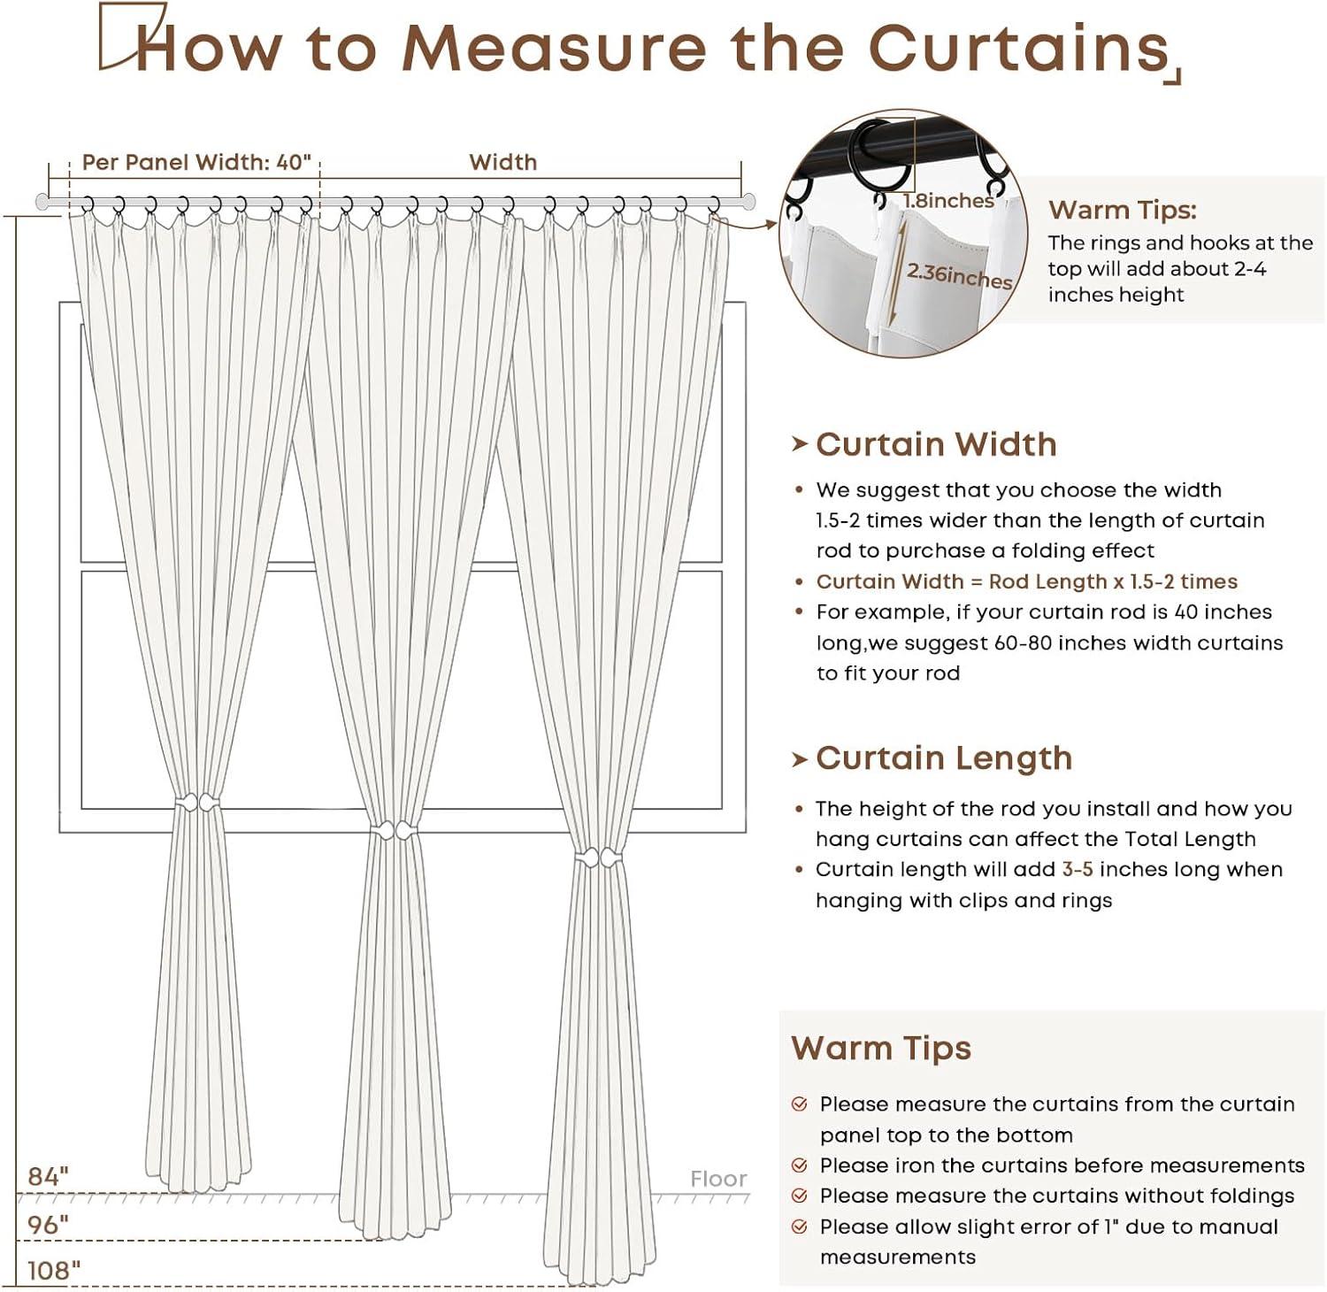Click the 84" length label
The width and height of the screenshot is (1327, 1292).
(x=48, y=1176)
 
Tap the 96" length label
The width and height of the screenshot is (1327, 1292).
(x=48, y=1225)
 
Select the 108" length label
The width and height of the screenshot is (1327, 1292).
(x=53, y=1271)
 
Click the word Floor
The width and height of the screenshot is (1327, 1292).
(x=718, y=1179)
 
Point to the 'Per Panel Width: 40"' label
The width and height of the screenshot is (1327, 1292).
(x=196, y=162)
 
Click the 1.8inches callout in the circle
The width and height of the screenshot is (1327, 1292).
(x=948, y=201)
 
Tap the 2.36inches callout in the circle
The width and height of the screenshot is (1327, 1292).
(x=959, y=276)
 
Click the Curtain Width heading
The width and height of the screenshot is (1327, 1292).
(x=936, y=444)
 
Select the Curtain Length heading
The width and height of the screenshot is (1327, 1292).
(x=943, y=758)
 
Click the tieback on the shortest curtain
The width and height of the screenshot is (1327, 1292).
(x=197, y=804)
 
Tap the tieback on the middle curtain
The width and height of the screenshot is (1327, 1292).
(x=394, y=831)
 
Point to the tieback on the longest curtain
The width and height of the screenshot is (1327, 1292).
(x=599, y=857)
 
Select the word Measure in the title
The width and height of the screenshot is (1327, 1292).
(x=554, y=48)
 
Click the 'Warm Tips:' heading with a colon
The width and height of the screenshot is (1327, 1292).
(x=1122, y=210)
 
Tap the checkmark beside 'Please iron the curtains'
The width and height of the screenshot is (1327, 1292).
(x=800, y=1165)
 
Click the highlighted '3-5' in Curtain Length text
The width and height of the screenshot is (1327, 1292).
(x=1078, y=869)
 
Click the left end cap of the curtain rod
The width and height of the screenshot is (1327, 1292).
(x=42, y=202)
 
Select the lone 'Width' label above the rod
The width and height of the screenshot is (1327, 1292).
(x=502, y=162)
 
